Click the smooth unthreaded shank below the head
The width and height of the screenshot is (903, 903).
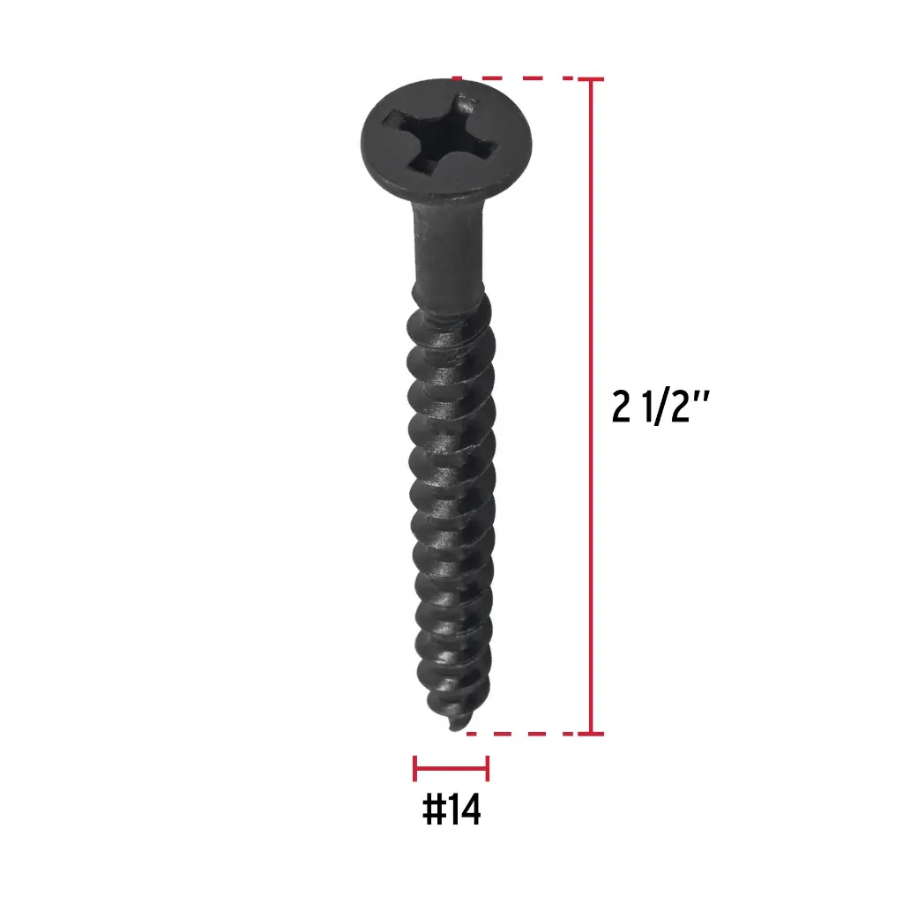point(447,248)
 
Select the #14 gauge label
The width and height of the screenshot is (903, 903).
point(451,810)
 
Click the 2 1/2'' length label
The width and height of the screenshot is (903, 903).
point(660,407)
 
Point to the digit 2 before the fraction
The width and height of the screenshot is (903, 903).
point(621,407)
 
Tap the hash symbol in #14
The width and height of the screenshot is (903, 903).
point(433,810)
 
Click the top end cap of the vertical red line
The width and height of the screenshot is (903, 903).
point(591,78)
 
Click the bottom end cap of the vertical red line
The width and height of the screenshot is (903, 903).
point(591,734)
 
